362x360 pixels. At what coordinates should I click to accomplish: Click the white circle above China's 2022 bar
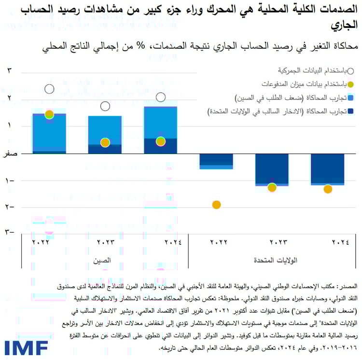click(x=49, y=89)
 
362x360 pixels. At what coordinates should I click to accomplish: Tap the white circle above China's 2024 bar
click(x=161, y=97)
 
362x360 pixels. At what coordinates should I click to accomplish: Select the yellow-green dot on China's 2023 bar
click(x=105, y=142)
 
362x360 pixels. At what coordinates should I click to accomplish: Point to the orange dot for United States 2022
click(x=216, y=205)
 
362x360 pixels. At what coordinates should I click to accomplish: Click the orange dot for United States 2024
click(x=328, y=189)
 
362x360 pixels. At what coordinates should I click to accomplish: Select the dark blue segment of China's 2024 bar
click(x=161, y=146)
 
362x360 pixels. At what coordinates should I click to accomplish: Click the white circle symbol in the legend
click(x=351, y=71)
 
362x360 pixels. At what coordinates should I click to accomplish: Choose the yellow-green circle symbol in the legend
click(x=351, y=85)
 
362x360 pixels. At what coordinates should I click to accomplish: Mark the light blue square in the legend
click(x=351, y=98)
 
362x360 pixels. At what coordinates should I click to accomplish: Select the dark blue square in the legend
click(x=351, y=112)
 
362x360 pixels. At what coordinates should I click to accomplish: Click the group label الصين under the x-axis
click(x=103, y=261)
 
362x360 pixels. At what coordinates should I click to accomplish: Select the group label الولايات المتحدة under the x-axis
click(x=276, y=261)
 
